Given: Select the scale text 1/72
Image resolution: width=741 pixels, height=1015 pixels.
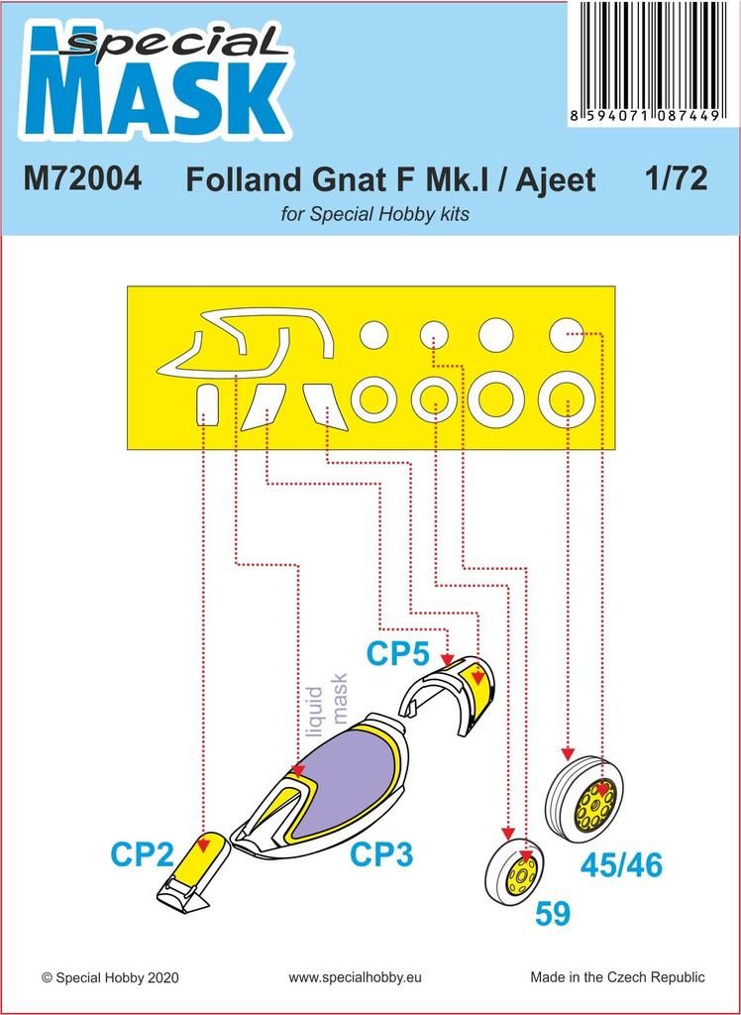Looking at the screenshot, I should [x=675, y=179].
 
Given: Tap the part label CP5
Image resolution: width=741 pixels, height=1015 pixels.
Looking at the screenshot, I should [x=397, y=654].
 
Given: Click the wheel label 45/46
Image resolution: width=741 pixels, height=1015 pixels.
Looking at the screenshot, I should [x=621, y=864].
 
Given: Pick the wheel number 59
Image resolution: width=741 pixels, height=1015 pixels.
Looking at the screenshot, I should [x=552, y=913].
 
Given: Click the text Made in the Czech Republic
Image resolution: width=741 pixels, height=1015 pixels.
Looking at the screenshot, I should [x=618, y=977].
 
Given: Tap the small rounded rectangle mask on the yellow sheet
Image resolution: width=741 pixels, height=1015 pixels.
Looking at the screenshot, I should [x=206, y=404].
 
